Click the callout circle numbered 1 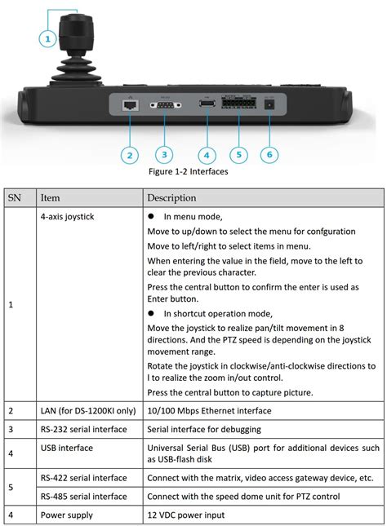pos(47,38)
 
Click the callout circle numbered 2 pos(128,154)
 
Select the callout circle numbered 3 pos(165,154)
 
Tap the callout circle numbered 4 pos(207,154)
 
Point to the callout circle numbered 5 pos(238,154)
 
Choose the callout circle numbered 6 pos(270,154)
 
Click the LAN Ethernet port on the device pos(129,104)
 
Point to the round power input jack pos(270,104)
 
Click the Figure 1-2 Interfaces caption pos(188,172)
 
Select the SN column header pos(15,198)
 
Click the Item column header pos(50,198)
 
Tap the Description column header pos(171,198)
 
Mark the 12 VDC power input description pos(187,515)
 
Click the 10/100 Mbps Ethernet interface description pos(209,411)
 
